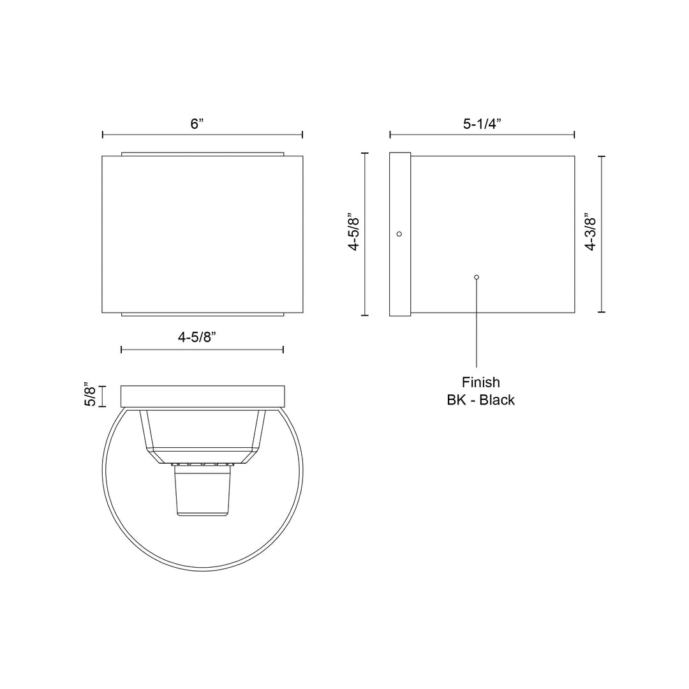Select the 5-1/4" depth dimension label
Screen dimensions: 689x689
click(482, 124)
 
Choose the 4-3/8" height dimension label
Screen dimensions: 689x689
click(590, 234)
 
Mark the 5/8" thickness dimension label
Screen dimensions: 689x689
click(91, 396)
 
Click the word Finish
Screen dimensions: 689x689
click(480, 383)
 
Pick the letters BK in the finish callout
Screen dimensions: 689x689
click(456, 401)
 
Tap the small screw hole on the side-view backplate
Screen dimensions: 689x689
click(399, 234)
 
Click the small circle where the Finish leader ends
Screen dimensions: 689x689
click(477, 277)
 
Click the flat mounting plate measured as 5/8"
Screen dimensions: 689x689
click(202, 396)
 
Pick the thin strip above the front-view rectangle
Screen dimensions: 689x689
click(202, 154)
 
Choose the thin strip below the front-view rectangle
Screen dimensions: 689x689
click(202, 314)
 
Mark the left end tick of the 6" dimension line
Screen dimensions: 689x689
click(103, 135)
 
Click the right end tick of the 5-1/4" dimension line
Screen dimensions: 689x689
click(574, 135)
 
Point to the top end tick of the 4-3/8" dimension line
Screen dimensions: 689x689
click(602, 156)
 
